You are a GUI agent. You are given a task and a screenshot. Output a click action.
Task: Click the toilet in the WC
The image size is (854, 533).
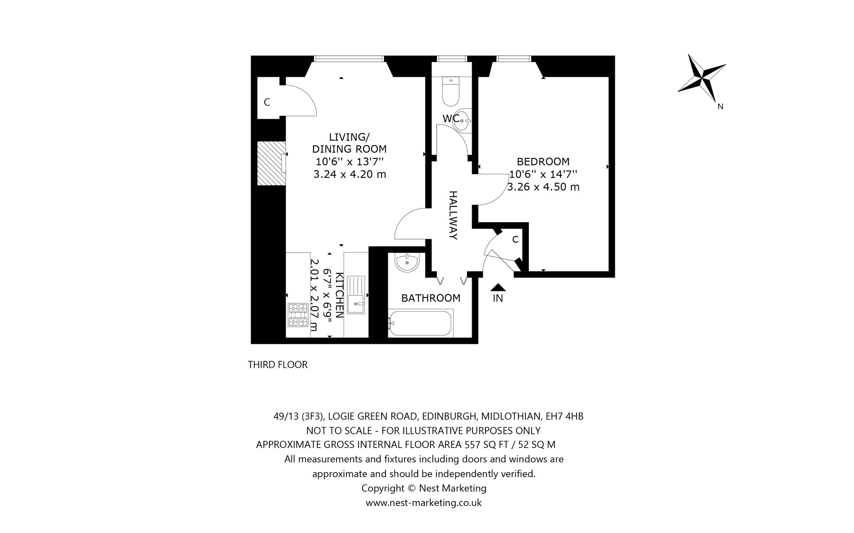tap(451, 91)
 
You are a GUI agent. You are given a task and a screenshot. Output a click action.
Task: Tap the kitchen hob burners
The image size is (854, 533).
tap(298, 315)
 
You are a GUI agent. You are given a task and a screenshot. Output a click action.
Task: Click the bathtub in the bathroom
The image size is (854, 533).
tap(420, 323)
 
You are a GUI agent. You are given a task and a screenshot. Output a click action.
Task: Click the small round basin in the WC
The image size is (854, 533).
tap(462, 121)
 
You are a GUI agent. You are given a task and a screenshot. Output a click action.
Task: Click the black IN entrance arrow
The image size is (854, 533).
tap(498, 287)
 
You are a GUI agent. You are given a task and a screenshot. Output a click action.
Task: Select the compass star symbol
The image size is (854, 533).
tap(702, 78)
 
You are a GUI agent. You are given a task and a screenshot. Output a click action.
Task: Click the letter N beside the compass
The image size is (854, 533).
tap(720, 107)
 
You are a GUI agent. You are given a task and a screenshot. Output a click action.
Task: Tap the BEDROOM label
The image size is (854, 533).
tap(543, 162)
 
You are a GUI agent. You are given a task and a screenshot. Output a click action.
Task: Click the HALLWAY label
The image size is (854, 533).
tap(453, 215)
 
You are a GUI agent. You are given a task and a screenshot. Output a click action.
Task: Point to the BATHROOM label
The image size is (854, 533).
tap(431, 298)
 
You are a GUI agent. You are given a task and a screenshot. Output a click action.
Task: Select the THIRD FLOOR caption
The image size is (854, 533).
tap(278, 365)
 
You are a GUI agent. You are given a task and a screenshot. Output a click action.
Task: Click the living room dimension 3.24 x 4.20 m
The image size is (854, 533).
tap(349, 174)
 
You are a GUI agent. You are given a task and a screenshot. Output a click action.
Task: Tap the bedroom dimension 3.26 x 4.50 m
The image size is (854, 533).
tap(543, 187)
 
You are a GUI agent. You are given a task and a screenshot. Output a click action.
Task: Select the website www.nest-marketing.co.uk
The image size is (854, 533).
tap(424, 503)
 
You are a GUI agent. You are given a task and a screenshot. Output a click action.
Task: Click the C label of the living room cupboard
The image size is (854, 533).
tap(267, 102)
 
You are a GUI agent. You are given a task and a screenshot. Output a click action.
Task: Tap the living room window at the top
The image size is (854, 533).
tap(349, 59)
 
